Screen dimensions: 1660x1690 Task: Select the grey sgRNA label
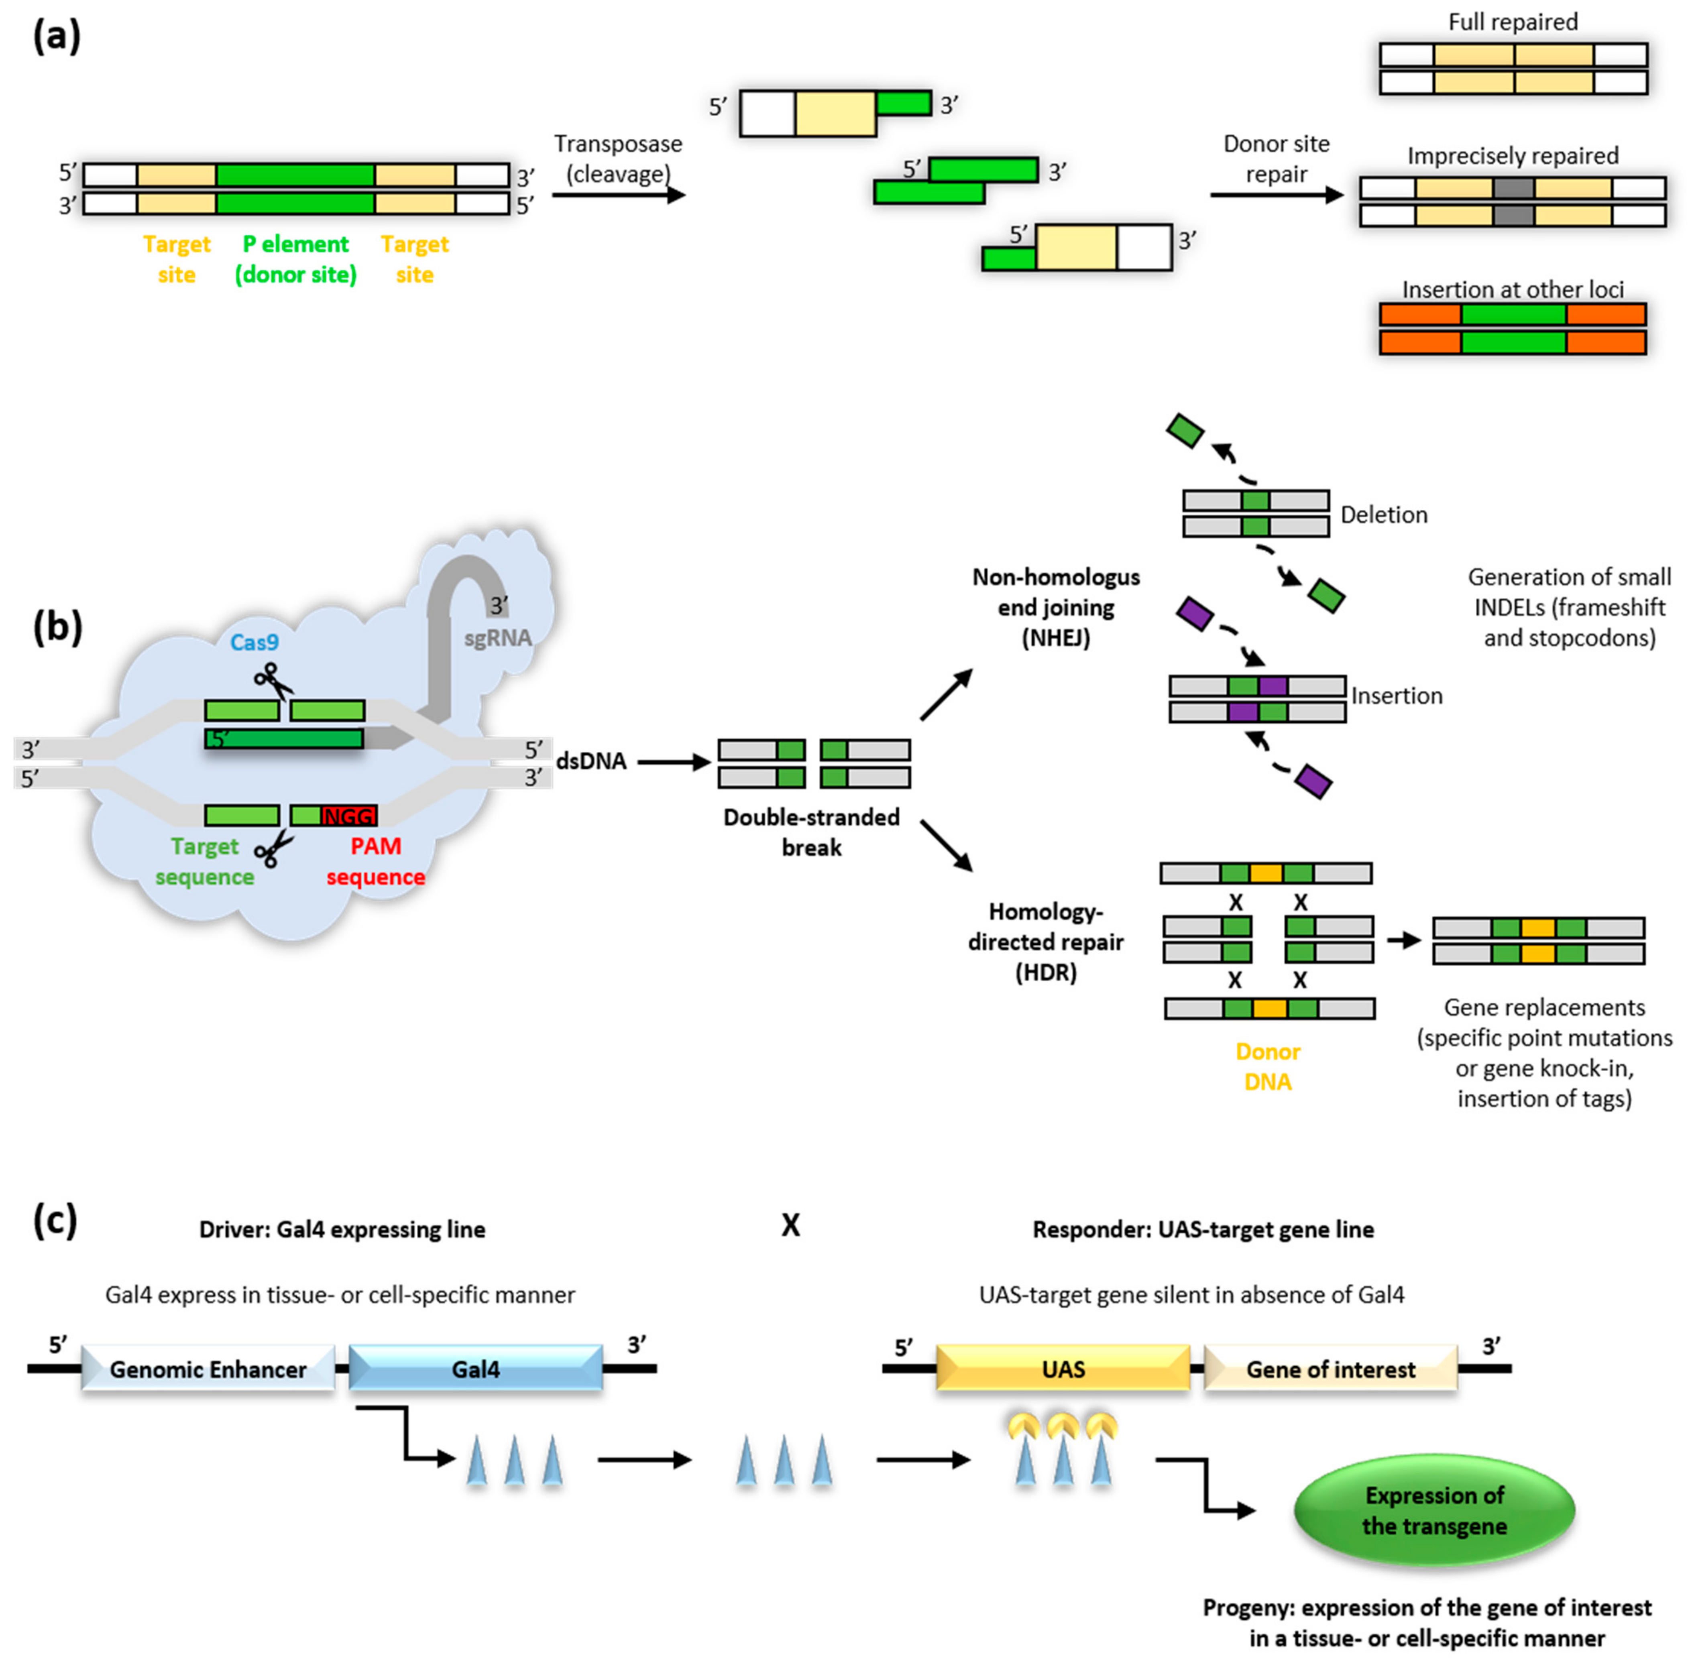coord(497,638)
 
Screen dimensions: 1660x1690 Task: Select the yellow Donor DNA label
coord(1268,1066)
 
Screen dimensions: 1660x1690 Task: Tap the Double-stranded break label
coord(811,832)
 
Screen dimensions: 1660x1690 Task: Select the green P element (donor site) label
coord(295,259)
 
